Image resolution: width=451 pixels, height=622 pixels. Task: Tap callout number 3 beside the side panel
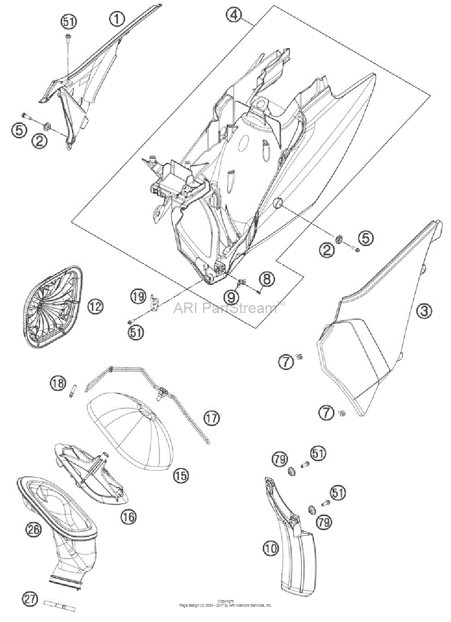[424, 311]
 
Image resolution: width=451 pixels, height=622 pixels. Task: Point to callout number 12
[95, 307]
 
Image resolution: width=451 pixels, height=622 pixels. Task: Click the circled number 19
[138, 297]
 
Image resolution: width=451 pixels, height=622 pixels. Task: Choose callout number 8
[267, 279]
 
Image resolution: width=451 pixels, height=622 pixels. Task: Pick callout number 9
[231, 297]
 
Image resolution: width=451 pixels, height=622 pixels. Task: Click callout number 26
[33, 530]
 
